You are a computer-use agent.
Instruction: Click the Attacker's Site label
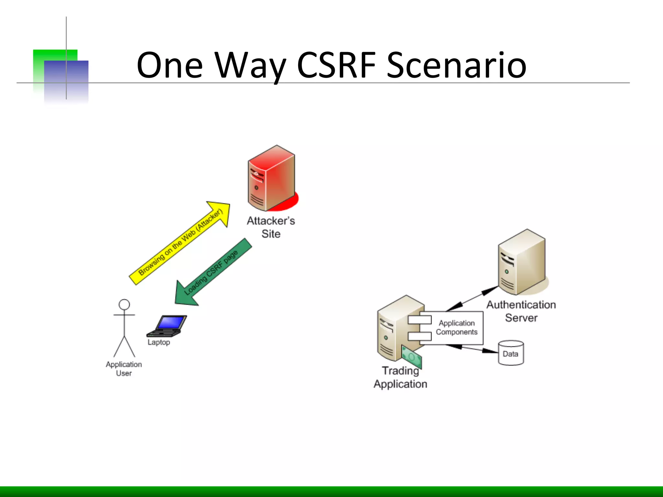tap(271, 227)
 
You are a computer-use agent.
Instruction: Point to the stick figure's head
tap(124, 304)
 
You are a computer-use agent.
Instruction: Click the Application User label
tap(124, 369)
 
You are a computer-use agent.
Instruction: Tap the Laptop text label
tap(159, 342)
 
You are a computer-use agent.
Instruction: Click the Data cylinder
tap(511, 353)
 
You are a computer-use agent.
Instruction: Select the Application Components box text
tap(456, 327)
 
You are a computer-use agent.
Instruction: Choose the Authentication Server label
tap(521, 311)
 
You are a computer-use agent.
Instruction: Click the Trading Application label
tap(400, 377)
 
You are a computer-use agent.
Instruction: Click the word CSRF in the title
tap(336, 65)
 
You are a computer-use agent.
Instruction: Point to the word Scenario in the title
tap(456, 65)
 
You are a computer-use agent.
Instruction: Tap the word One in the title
tap(170, 65)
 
